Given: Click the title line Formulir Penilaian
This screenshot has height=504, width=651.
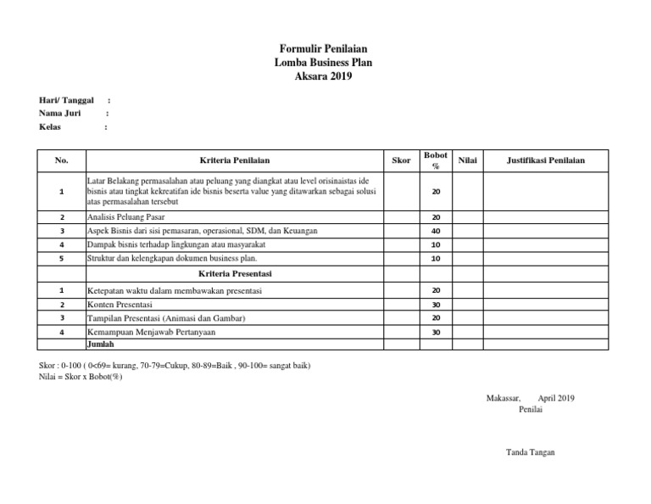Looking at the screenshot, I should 324,50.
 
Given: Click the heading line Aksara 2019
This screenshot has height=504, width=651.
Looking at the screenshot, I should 324,76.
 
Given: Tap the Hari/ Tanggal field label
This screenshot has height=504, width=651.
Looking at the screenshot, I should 66,100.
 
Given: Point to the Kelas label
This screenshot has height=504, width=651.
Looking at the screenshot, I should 51,126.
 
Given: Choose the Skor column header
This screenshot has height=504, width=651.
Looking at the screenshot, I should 402,160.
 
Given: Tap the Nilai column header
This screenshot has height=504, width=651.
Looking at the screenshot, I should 467,160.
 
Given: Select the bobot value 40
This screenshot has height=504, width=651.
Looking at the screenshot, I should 437,231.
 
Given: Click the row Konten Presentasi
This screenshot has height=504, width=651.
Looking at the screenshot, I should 120,305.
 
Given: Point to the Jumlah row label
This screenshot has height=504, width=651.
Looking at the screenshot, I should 101,345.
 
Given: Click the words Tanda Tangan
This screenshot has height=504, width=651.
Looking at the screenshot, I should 530,452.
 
